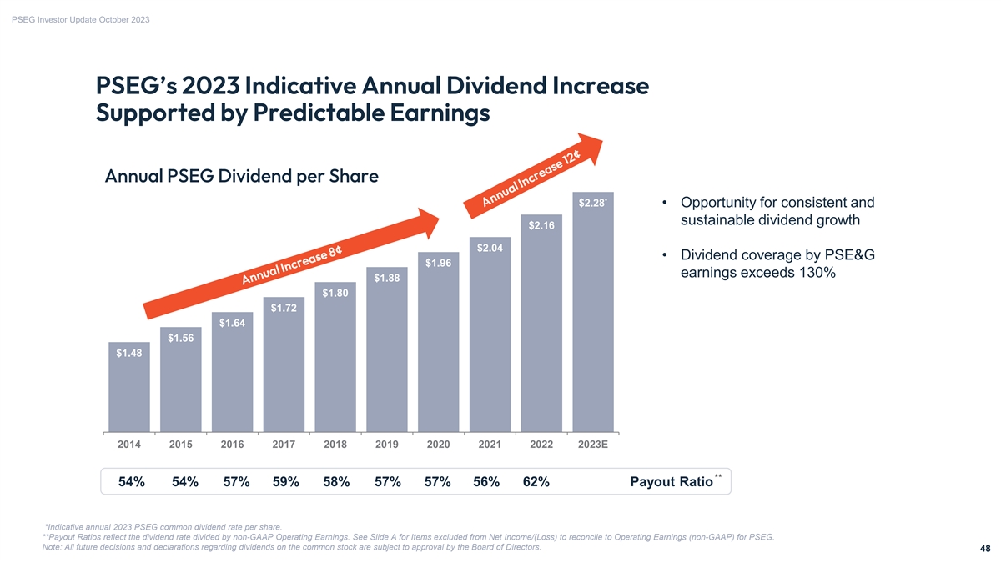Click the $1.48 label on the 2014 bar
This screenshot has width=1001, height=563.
point(129,353)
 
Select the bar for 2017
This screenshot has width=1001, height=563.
point(284,375)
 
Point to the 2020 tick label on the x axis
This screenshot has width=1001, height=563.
point(438,445)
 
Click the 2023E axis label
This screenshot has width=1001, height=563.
point(593,445)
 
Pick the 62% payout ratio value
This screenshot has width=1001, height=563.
point(536,482)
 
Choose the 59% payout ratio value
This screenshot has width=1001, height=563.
point(285,482)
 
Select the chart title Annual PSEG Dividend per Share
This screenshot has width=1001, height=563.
point(242,177)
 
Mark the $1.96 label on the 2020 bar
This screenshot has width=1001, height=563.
point(438,264)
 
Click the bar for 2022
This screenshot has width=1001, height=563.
point(541,334)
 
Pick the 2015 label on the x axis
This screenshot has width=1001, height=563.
point(180,445)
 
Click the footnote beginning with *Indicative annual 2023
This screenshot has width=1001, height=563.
point(163,526)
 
